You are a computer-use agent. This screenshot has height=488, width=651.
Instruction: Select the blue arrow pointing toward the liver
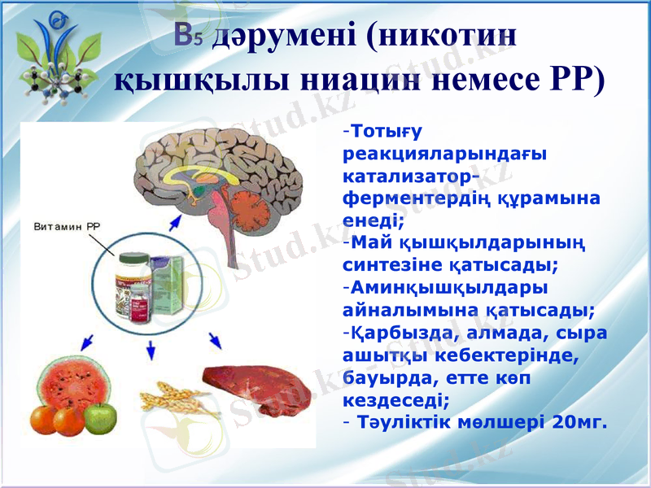[215, 339]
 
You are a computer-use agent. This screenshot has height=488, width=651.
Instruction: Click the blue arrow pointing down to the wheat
[150, 350]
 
